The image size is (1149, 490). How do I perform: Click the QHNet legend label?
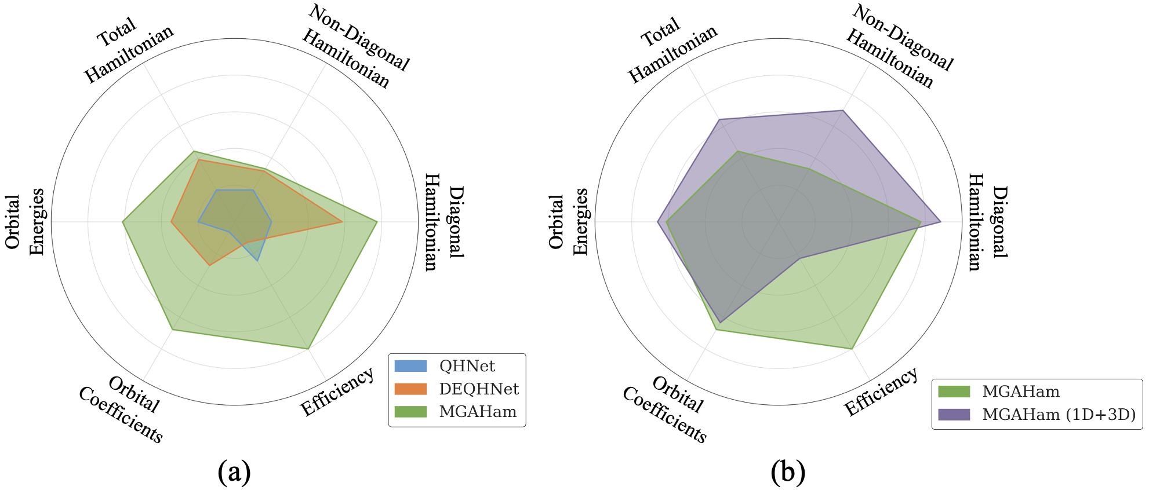[x=467, y=366]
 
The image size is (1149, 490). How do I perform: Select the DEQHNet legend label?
[x=478, y=389]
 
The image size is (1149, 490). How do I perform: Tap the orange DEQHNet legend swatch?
[x=410, y=389]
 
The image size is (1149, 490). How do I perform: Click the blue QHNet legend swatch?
[x=410, y=366]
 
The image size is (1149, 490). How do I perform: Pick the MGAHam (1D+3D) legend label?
[x=1059, y=415]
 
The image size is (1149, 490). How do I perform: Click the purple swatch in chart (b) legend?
[x=954, y=415]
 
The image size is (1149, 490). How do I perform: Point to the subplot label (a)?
[x=234, y=471]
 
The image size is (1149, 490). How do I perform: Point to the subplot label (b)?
[x=788, y=471]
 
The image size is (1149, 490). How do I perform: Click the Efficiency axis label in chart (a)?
[x=337, y=392]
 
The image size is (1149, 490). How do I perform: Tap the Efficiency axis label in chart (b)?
[x=881, y=392]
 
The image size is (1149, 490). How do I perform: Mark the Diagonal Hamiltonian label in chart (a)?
[x=444, y=222]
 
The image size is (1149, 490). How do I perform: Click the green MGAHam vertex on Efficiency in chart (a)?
[x=308, y=349]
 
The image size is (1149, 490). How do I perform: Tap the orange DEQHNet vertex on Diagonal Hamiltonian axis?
[x=343, y=221]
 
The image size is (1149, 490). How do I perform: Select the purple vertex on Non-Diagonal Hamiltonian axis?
[x=842, y=110]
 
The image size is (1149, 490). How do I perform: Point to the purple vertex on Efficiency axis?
[x=799, y=258]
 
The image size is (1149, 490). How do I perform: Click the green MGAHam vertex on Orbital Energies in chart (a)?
[x=122, y=221]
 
